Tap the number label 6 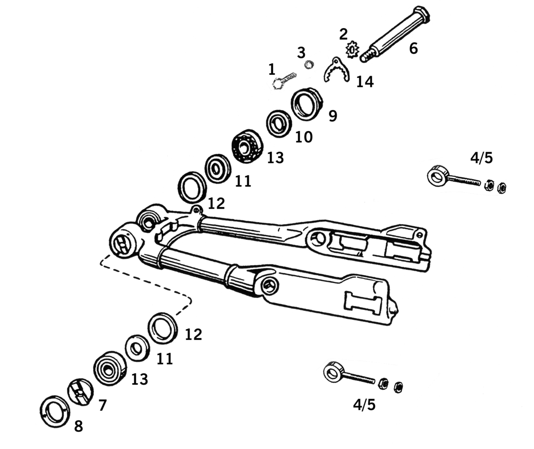tap(413, 48)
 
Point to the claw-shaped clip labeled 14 tap(336, 70)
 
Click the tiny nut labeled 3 tap(308, 65)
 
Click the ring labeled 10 tap(279, 123)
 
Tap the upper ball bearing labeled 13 tap(247, 146)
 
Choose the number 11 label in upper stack tap(243, 181)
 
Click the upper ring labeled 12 tap(192, 187)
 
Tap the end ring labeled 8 tap(55, 412)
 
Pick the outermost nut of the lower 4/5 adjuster tap(399, 387)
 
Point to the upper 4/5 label tap(481, 158)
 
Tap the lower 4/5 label tap(364, 405)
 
